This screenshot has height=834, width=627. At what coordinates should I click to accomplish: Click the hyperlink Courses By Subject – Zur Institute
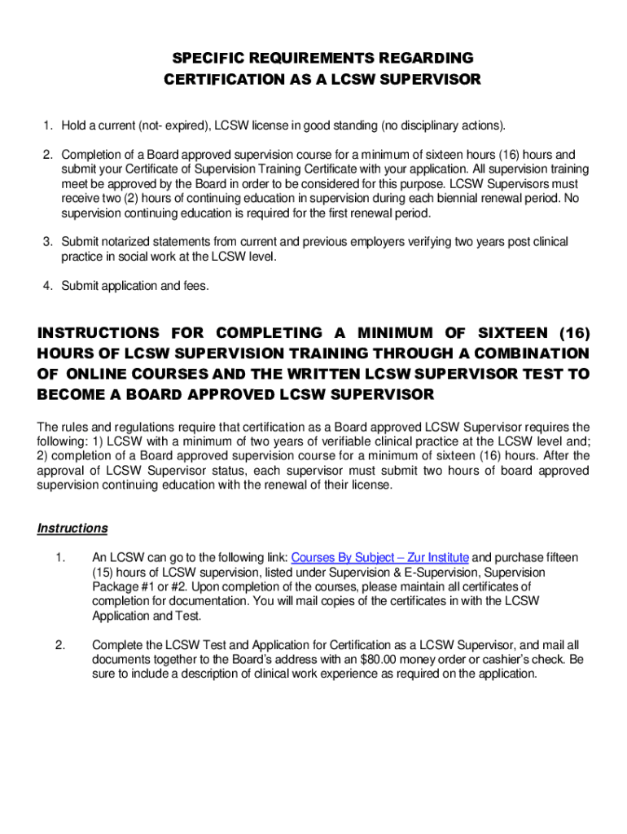pos(379,558)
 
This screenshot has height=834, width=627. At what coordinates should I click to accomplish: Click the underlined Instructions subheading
pos(72,529)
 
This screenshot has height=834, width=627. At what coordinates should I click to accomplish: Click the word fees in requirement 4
pos(195,286)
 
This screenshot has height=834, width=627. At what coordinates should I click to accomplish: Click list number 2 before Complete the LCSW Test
pos(59,645)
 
